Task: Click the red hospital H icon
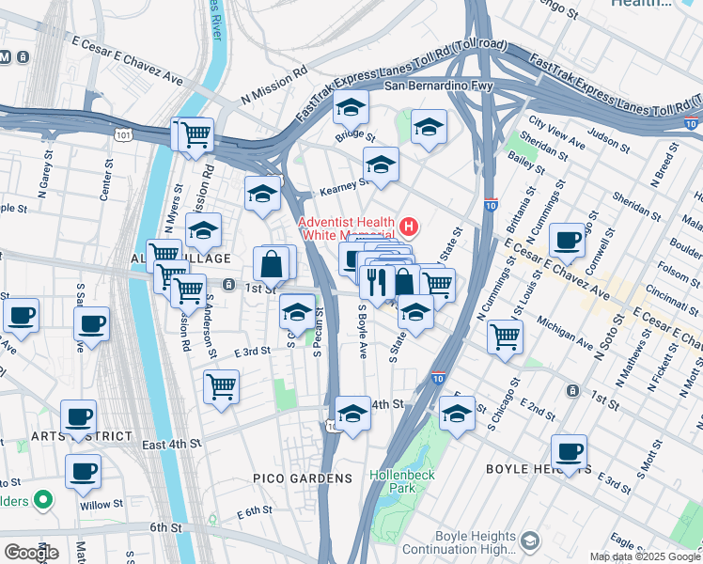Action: click(x=409, y=227)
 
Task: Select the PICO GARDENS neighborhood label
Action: click(x=303, y=478)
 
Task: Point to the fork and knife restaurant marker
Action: click(x=377, y=281)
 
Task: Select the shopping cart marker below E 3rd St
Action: click(x=221, y=385)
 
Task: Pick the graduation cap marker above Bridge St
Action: click(x=351, y=111)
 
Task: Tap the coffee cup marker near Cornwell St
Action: click(x=568, y=240)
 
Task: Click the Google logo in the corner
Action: click(x=31, y=552)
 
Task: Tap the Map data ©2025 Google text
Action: click(x=645, y=556)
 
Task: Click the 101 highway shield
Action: click(x=123, y=135)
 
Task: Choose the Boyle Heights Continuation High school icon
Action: click(x=529, y=540)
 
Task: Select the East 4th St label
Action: click(x=172, y=442)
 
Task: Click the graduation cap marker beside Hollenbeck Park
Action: click(x=457, y=414)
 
